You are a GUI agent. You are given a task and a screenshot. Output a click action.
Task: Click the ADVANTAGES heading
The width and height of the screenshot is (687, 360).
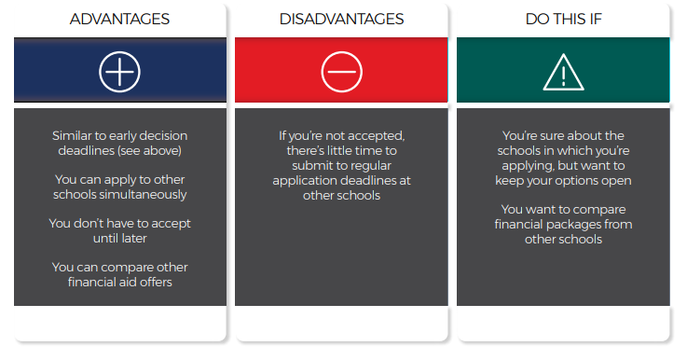tap(120, 19)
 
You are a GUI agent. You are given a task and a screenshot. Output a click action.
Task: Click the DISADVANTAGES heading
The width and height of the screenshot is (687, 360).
tap(341, 19)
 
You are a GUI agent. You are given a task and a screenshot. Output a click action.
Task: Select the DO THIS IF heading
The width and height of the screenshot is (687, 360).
tap(562, 19)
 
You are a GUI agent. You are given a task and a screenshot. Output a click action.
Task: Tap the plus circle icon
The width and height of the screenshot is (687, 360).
tap(120, 71)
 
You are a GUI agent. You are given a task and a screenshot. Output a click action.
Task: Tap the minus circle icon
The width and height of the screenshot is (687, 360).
tap(341, 71)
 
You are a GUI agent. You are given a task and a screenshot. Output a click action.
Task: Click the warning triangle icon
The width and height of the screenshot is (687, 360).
tap(562, 71)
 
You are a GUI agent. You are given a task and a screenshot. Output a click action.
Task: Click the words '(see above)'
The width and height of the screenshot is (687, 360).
tap(154, 151)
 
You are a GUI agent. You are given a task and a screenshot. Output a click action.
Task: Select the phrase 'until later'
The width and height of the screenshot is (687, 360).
tap(120, 239)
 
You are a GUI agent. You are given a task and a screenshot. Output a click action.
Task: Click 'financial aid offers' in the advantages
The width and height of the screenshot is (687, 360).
tap(120, 283)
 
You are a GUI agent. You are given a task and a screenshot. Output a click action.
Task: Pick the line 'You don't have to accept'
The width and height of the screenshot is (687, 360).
tap(120, 224)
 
